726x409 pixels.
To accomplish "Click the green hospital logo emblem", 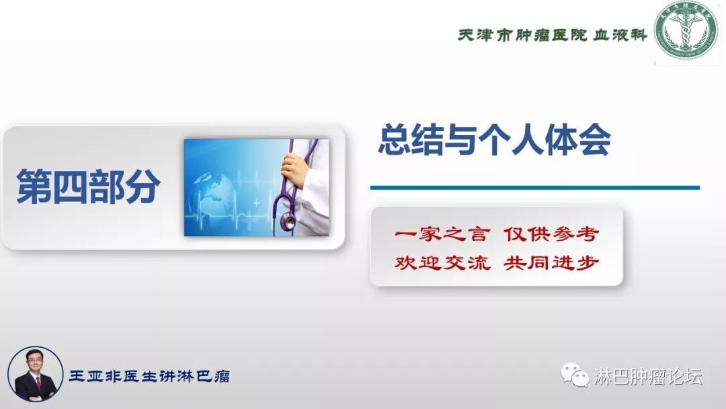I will click(686, 32).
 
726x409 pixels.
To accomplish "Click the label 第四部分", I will click(89, 186).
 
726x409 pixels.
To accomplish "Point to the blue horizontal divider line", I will click(534, 188).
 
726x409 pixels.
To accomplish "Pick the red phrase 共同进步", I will click(551, 262).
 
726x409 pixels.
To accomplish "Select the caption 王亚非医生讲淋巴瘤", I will click(149, 376).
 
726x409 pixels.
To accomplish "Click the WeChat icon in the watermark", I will click(575, 376).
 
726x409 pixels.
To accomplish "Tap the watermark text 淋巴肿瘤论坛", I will click(648, 377).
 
